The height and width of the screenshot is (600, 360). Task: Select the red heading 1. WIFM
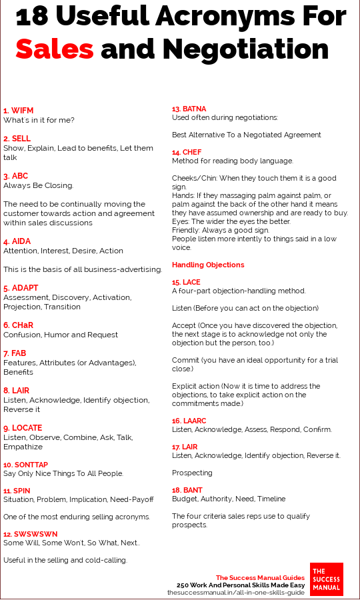tap(18, 110)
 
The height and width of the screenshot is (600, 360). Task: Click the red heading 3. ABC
tap(15, 176)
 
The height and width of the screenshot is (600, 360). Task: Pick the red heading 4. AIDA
tap(17, 241)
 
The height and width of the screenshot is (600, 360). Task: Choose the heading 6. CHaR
tap(19, 325)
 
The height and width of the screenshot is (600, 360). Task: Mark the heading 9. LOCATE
tap(22, 428)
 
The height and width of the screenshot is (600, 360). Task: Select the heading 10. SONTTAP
tap(25, 464)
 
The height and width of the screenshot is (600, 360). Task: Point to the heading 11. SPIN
tap(17, 490)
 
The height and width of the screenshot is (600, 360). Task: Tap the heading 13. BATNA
tap(189, 108)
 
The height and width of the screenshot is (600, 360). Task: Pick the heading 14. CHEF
tap(187, 152)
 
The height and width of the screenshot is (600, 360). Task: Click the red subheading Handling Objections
tap(208, 265)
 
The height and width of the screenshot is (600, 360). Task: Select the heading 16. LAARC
tap(190, 421)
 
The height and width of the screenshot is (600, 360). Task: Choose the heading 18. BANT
tap(187, 489)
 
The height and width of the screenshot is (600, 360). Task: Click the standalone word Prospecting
tap(192, 473)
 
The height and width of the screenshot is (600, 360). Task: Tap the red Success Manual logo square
tap(327, 579)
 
